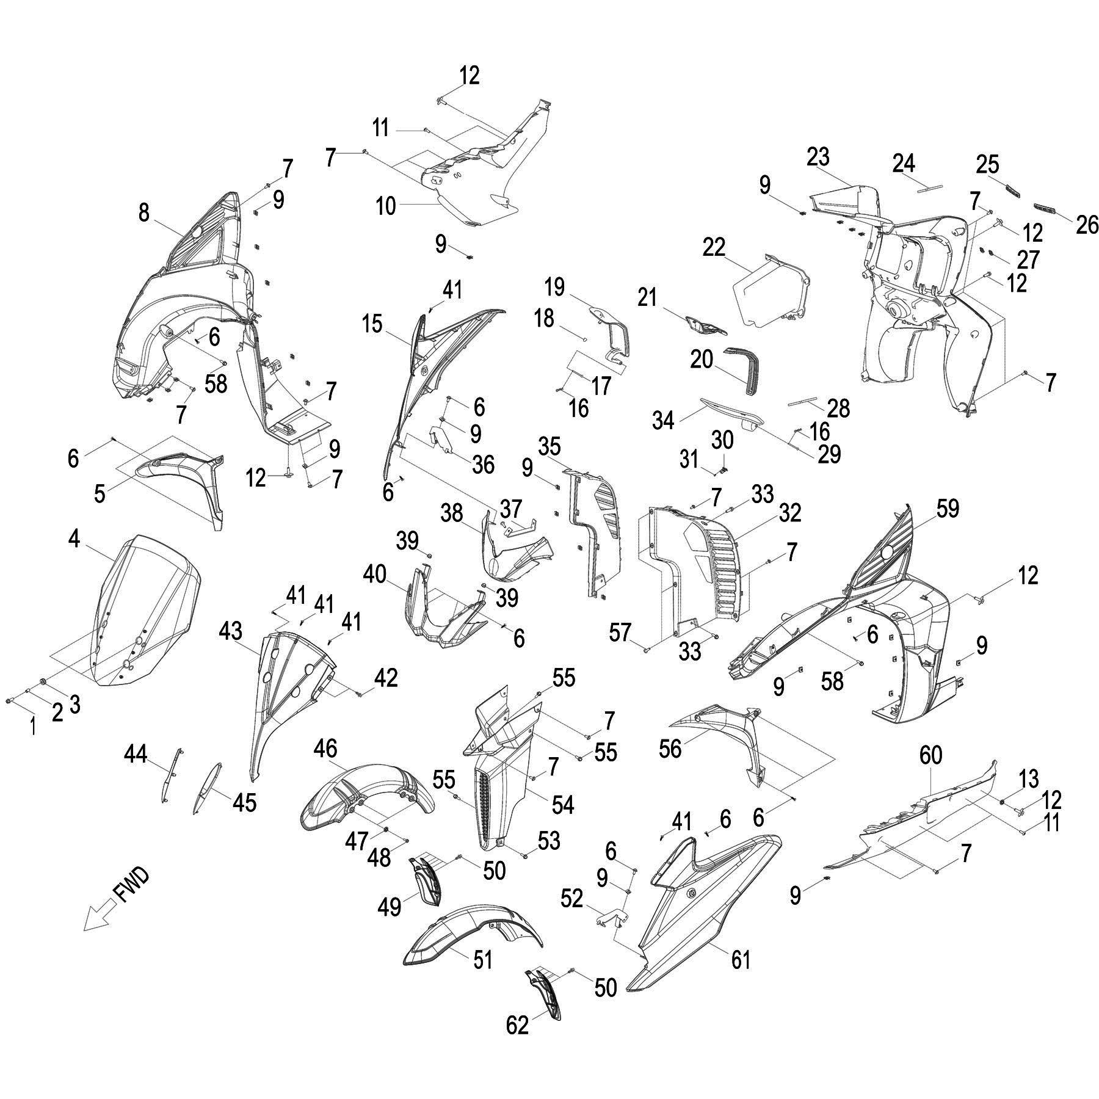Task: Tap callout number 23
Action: pos(818,157)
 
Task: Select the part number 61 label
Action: pos(741,960)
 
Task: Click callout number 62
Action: pos(517,1025)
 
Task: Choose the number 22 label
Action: pos(714,247)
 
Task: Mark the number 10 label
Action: pos(386,206)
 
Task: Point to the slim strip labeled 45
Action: pos(208,788)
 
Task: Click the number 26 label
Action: pos(1087,225)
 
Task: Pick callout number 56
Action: pos(670,749)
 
